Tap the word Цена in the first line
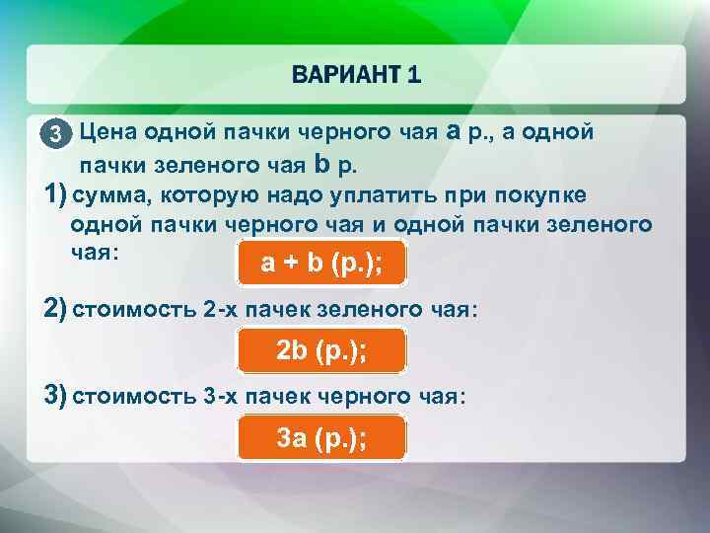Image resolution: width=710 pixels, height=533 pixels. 108,131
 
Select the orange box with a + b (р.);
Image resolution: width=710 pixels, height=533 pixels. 321,263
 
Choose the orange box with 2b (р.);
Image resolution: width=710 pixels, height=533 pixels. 321,350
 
